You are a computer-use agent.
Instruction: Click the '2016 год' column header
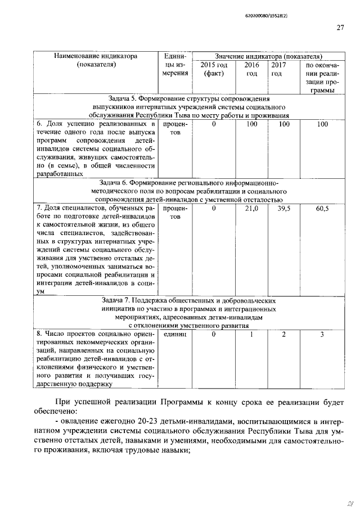251,69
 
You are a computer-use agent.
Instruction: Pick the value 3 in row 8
322,334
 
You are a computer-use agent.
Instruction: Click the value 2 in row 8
284,334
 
